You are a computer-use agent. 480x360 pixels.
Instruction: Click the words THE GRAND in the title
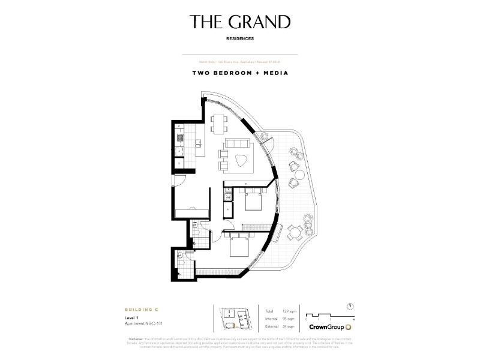240,22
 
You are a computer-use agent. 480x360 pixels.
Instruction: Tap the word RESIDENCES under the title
240,38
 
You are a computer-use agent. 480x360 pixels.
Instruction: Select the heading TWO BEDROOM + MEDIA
240,73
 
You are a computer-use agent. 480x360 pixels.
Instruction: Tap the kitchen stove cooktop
178,140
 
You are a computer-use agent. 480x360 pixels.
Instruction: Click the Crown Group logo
329,327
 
